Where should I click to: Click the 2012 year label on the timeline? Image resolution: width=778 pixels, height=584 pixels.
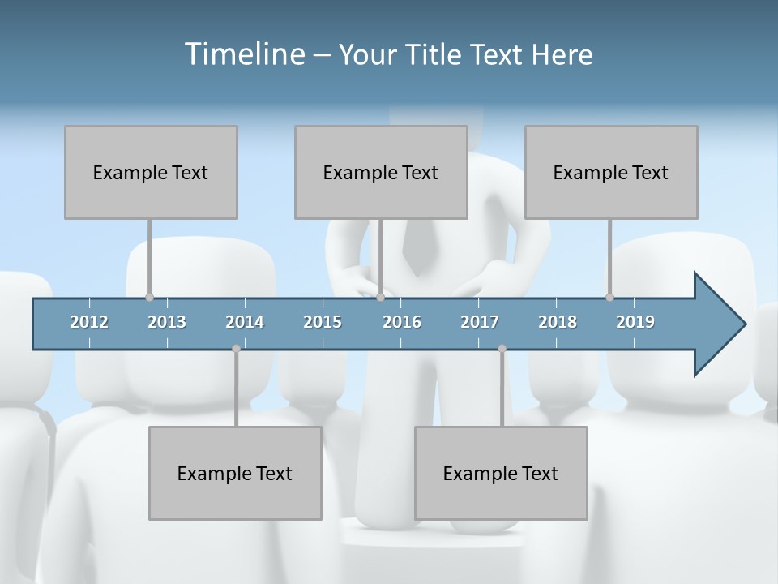[89, 322]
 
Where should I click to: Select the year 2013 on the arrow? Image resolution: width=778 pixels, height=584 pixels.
[167, 322]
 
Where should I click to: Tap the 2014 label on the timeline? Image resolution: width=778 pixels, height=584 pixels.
[245, 322]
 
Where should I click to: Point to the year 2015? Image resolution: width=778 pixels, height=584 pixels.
[323, 322]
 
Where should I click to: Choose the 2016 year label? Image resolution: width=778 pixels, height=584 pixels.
[402, 322]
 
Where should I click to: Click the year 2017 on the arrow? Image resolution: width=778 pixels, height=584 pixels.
[480, 322]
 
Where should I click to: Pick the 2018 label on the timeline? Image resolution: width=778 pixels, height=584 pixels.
[558, 322]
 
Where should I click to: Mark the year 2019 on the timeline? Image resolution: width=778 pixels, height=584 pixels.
[635, 322]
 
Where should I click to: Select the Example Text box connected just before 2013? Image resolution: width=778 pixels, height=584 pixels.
[151, 172]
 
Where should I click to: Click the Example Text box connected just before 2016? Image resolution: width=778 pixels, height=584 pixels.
[381, 172]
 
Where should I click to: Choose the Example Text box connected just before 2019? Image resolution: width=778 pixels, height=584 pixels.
[611, 172]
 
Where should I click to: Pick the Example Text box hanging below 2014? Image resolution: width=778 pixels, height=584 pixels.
[235, 473]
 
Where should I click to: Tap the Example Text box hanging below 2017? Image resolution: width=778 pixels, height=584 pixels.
[501, 473]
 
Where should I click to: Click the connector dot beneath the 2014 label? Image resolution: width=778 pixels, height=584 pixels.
[236, 348]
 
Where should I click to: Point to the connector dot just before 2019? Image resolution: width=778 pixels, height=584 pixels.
[609, 297]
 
